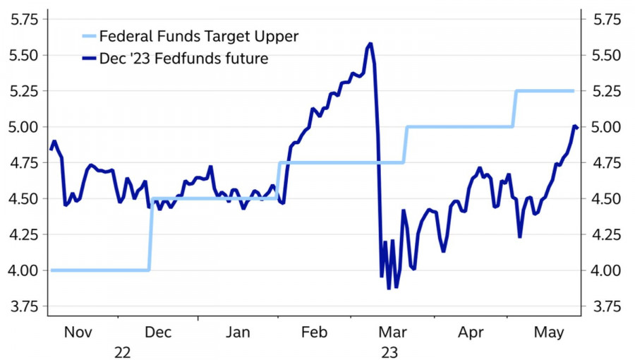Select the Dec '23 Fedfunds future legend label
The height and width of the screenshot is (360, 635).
[x=184, y=59]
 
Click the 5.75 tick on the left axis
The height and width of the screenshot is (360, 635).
[x=23, y=19]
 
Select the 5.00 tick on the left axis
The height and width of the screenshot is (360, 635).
[x=23, y=127]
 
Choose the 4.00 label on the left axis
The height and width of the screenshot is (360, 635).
[x=23, y=270]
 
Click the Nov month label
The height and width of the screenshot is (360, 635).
[x=78, y=331]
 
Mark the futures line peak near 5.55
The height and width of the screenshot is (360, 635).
[x=370, y=44]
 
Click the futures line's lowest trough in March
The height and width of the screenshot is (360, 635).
[x=389, y=288]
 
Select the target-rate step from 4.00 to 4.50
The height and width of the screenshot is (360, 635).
[x=150, y=233]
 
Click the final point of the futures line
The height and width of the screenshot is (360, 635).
[x=577, y=128]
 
